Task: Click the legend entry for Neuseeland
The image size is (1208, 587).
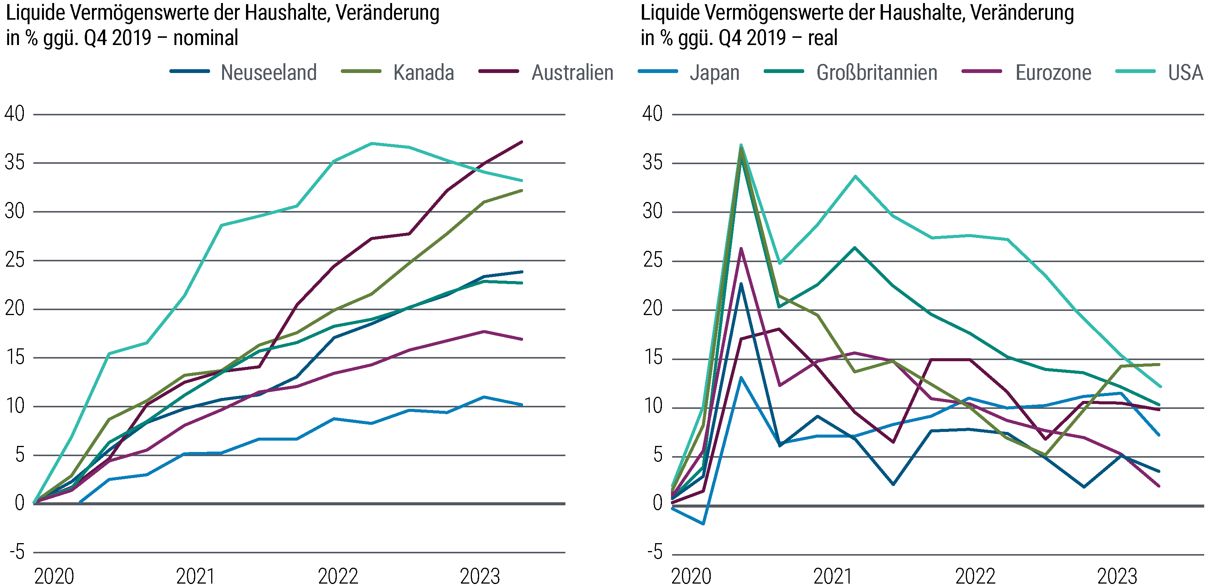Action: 268,73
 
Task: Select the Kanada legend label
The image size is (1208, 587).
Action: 423,73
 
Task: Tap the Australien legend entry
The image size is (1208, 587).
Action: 572,73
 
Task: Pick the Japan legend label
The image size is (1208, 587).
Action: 714,73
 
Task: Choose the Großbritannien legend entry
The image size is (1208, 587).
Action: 876,73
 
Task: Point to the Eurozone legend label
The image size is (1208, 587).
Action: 1053,73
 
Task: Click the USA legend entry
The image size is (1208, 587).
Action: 1185,73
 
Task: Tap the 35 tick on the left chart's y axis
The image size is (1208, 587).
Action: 14,163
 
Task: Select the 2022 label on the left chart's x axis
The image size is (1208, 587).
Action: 338,576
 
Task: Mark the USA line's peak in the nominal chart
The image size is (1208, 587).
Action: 371,143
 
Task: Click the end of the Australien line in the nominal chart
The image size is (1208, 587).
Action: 521,141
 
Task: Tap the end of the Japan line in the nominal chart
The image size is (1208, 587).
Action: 521,405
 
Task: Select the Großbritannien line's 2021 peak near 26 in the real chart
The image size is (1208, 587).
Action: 855,248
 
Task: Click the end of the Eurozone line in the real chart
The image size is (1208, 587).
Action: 1159,486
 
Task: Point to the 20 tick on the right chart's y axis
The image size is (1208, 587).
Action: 653,309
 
